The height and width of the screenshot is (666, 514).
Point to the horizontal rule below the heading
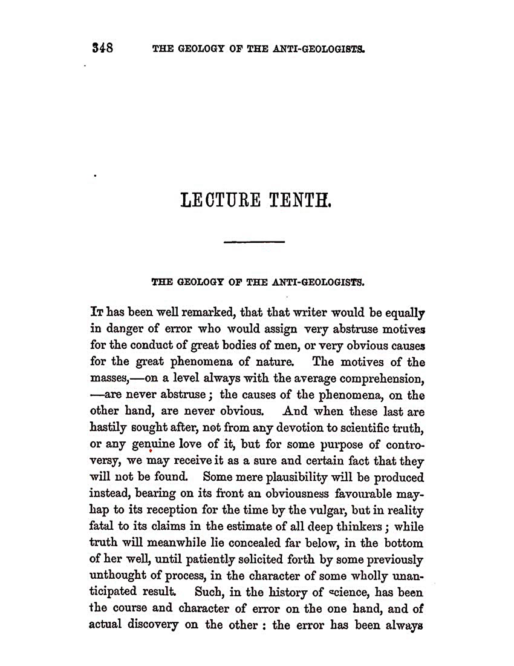click(254, 242)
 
